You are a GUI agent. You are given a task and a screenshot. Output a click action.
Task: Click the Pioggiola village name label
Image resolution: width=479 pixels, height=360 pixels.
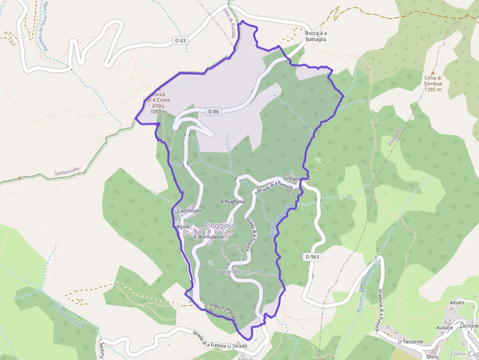[x=219, y=226]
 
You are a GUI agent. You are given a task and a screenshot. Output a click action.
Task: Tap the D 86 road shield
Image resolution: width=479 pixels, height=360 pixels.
[x=213, y=111]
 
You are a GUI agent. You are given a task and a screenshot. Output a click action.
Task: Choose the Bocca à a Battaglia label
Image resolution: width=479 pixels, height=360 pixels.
[x=316, y=36]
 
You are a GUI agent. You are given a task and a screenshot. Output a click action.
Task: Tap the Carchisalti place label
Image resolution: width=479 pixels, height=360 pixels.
[x=190, y=211]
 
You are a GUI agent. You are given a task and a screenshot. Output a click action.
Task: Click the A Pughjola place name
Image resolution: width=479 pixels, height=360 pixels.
[x=233, y=201]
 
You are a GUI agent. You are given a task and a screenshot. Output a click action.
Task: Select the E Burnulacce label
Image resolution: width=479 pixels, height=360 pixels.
[x=209, y=237]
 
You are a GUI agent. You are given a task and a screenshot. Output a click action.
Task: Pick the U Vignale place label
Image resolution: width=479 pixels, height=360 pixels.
[x=229, y=271]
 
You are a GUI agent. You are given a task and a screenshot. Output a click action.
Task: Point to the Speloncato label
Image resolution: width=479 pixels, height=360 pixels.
[x=67, y=171]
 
